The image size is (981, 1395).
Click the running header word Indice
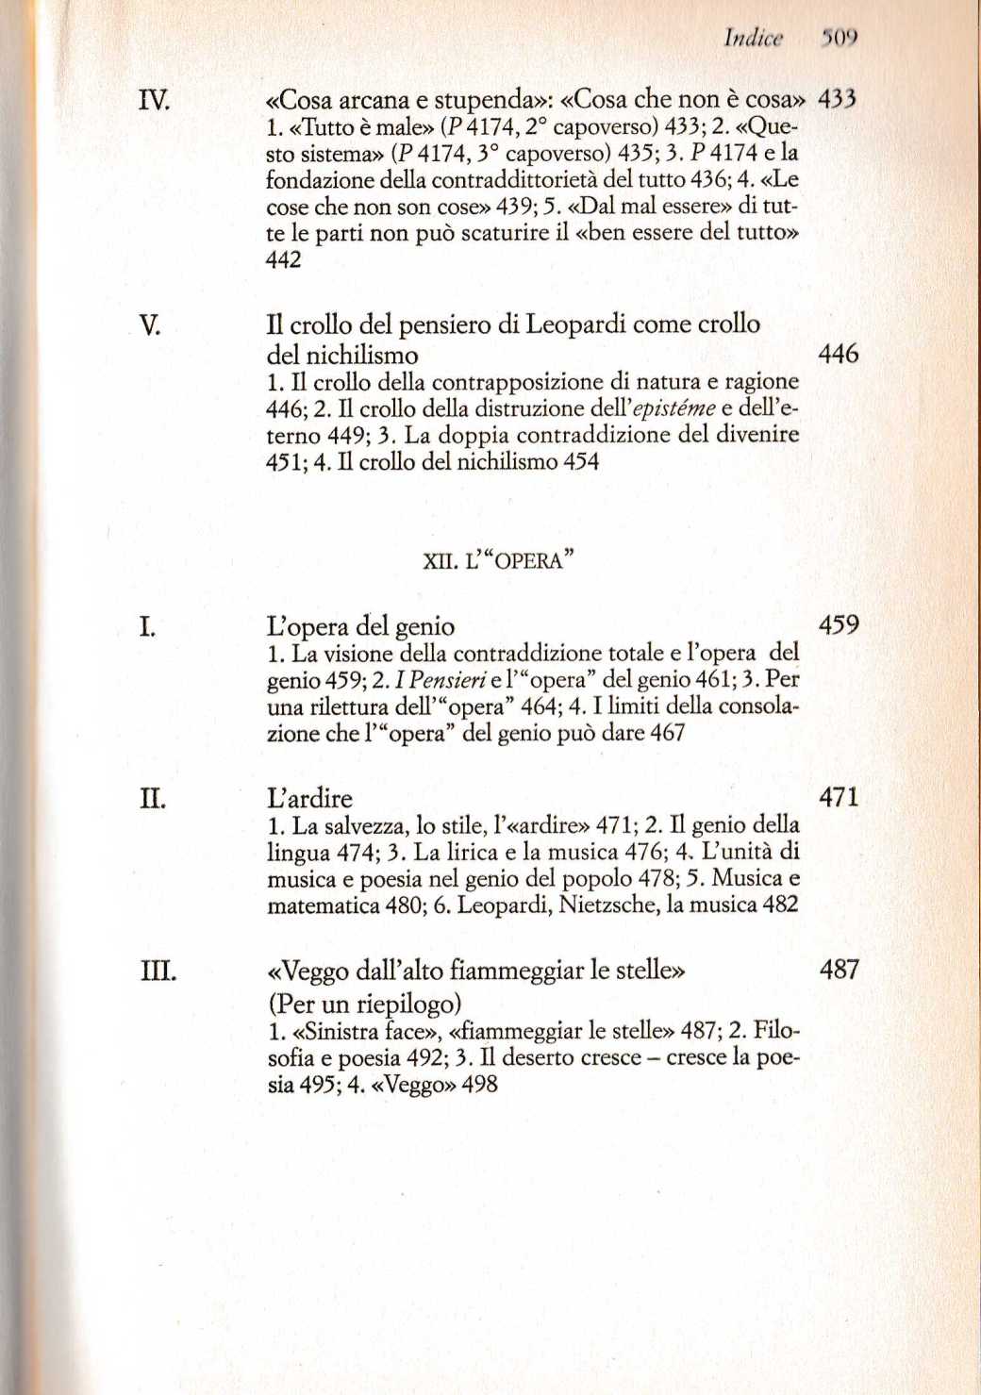point(753,38)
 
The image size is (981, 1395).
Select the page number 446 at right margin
point(838,354)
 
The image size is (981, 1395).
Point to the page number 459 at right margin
point(839,624)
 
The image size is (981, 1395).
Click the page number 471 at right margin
point(839,797)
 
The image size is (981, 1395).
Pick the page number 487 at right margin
point(839,969)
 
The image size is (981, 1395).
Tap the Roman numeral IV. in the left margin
point(154,99)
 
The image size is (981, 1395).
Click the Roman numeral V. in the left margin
point(149,325)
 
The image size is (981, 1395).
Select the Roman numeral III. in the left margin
point(158,970)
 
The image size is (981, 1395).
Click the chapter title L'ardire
point(309,798)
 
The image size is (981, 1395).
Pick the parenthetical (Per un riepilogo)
point(364,1003)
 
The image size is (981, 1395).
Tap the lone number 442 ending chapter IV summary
point(284,259)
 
